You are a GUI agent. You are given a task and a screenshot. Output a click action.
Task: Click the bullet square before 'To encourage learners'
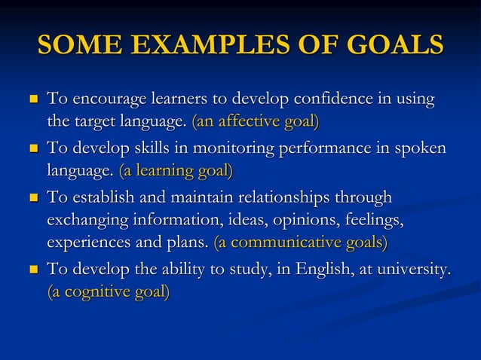click(x=32, y=99)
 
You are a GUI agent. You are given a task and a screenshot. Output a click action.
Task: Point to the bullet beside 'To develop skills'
click(x=32, y=148)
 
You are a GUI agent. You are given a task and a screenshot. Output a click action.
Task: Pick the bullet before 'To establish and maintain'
click(x=32, y=198)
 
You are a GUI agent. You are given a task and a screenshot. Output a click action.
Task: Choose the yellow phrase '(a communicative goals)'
click(x=301, y=242)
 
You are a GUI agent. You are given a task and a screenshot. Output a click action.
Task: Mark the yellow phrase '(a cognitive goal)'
click(x=109, y=291)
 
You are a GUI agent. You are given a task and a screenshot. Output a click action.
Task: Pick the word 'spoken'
click(x=420, y=148)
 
